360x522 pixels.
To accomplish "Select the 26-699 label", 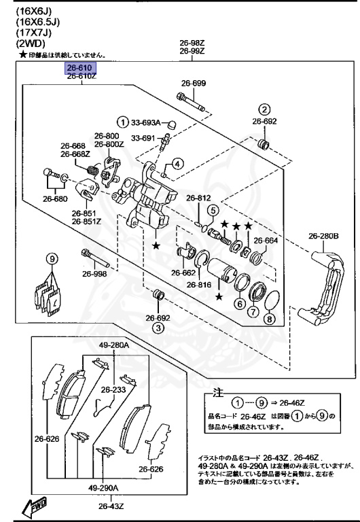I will [x=193, y=84].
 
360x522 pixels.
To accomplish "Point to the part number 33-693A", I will [x=145, y=122].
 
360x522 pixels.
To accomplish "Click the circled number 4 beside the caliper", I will [x=175, y=163].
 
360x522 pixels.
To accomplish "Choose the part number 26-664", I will [x=266, y=240].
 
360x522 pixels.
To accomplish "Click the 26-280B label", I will [x=323, y=237].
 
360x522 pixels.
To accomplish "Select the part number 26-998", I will [x=95, y=274].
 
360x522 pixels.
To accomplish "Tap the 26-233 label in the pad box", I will [x=113, y=390].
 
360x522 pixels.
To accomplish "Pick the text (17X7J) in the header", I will [x=24, y=32].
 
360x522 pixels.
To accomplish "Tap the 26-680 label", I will [x=55, y=199].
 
